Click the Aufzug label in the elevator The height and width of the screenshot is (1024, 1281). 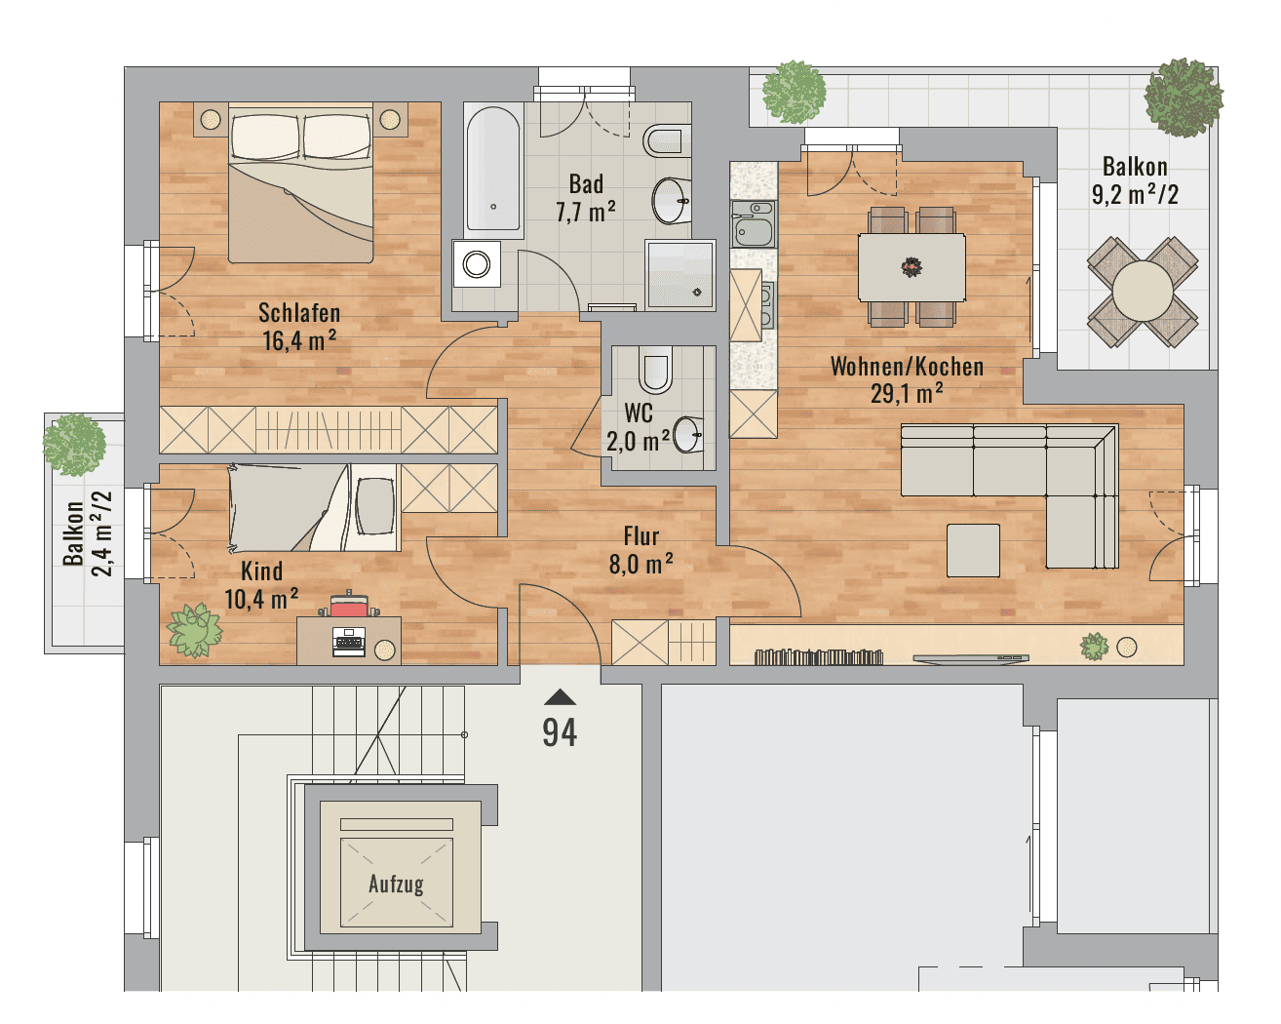(396, 884)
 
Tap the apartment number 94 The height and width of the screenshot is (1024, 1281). (560, 732)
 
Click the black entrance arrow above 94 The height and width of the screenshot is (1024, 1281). (560, 697)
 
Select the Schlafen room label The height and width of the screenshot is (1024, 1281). (299, 313)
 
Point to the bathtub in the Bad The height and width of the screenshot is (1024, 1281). (493, 170)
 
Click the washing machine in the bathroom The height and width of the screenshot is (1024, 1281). (476, 263)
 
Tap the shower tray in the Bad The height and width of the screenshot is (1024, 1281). (680, 275)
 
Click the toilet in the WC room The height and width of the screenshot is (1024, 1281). (655, 371)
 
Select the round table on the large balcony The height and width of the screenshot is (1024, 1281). (1143, 292)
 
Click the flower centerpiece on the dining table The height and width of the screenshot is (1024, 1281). (912, 267)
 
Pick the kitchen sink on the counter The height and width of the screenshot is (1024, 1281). (754, 223)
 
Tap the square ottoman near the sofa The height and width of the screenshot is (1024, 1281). (973, 550)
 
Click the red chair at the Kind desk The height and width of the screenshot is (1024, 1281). (349, 606)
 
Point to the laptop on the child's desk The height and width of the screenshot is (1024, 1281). (349, 642)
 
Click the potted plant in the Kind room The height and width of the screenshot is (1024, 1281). (195, 631)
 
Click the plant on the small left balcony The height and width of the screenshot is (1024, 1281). (74, 445)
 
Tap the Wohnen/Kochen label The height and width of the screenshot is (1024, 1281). (907, 367)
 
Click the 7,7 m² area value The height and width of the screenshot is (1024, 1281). (586, 212)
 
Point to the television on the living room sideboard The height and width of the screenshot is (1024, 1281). (971, 658)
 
